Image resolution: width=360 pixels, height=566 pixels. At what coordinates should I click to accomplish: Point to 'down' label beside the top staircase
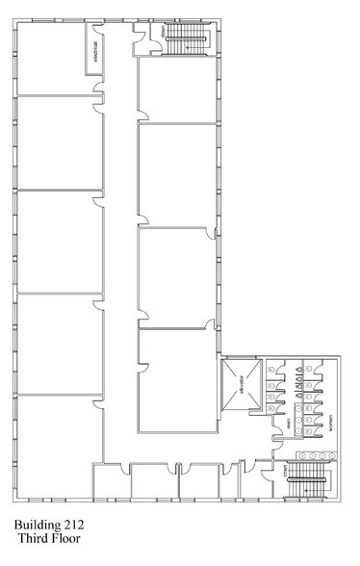click(165, 32)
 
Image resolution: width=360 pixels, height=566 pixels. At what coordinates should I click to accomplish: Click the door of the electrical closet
click(97, 70)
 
